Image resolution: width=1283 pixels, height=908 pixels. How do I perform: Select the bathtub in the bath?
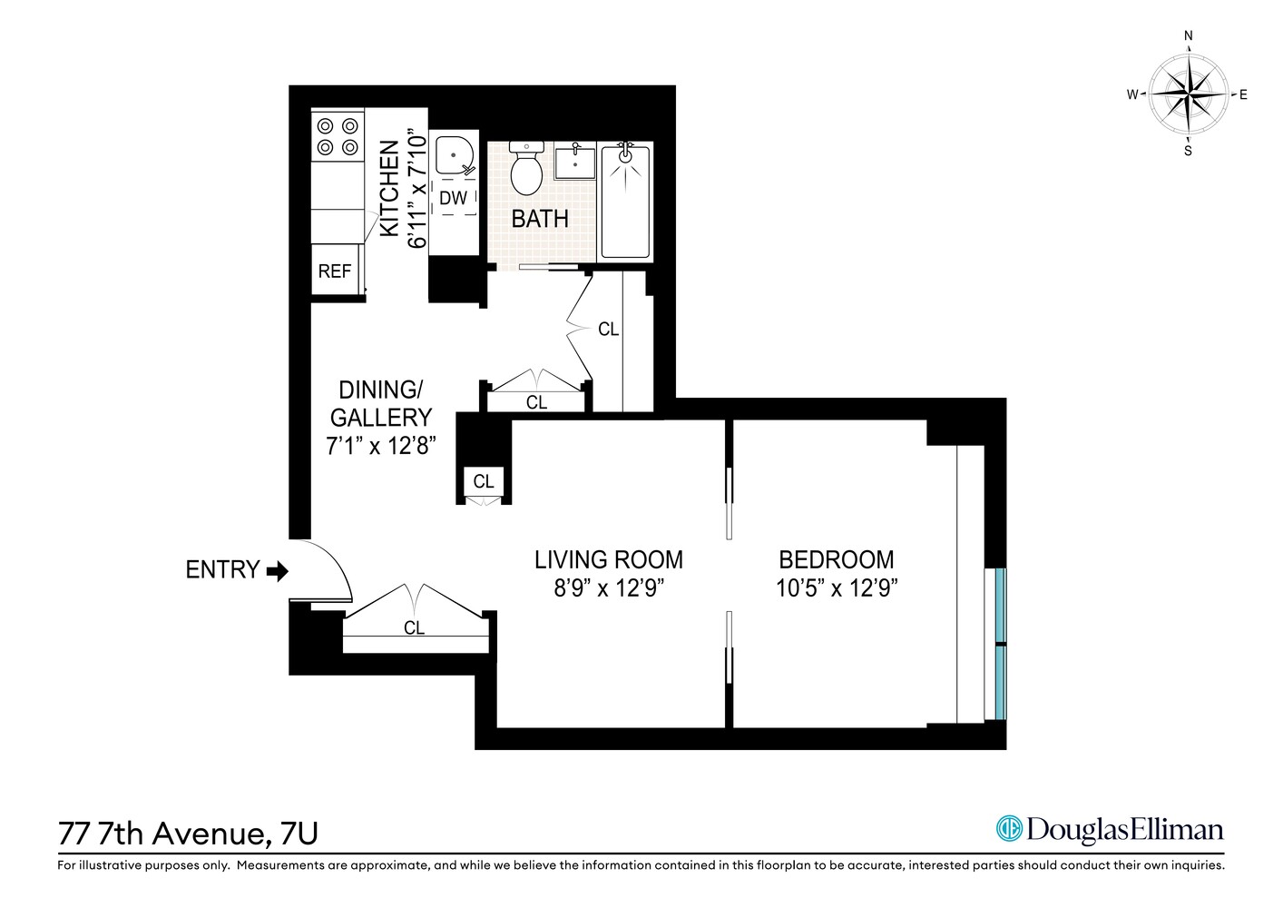click(x=626, y=201)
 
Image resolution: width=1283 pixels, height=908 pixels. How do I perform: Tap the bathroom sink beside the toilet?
click(x=575, y=162)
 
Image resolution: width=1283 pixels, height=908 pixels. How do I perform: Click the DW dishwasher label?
click(x=453, y=198)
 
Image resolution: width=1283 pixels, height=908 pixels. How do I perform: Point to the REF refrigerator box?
click(x=335, y=271)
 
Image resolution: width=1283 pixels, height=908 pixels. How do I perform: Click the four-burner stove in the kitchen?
click(x=337, y=136)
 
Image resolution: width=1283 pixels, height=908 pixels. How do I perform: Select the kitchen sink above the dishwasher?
click(x=453, y=155)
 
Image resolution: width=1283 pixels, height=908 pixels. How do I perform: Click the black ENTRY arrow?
click(x=277, y=570)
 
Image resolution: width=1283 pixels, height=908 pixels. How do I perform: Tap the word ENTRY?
click(x=222, y=570)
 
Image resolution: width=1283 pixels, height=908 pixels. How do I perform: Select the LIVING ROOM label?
click(x=608, y=560)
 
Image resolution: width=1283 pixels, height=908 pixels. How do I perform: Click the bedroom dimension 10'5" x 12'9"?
click(x=836, y=588)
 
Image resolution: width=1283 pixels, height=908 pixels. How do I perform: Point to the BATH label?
click(x=540, y=219)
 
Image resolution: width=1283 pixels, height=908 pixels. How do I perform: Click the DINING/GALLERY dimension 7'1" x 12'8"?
click(x=381, y=446)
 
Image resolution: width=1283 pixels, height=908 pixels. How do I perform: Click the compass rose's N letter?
click(x=1188, y=36)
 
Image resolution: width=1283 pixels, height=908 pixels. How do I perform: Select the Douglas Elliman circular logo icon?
click(x=1008, y=828)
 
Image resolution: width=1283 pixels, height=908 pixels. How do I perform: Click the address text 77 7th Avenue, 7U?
click(x=188, y=833)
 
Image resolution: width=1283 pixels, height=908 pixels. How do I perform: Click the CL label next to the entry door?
click(x=414, y=628)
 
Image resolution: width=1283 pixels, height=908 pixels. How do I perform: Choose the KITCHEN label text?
click(x=389, y=188)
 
